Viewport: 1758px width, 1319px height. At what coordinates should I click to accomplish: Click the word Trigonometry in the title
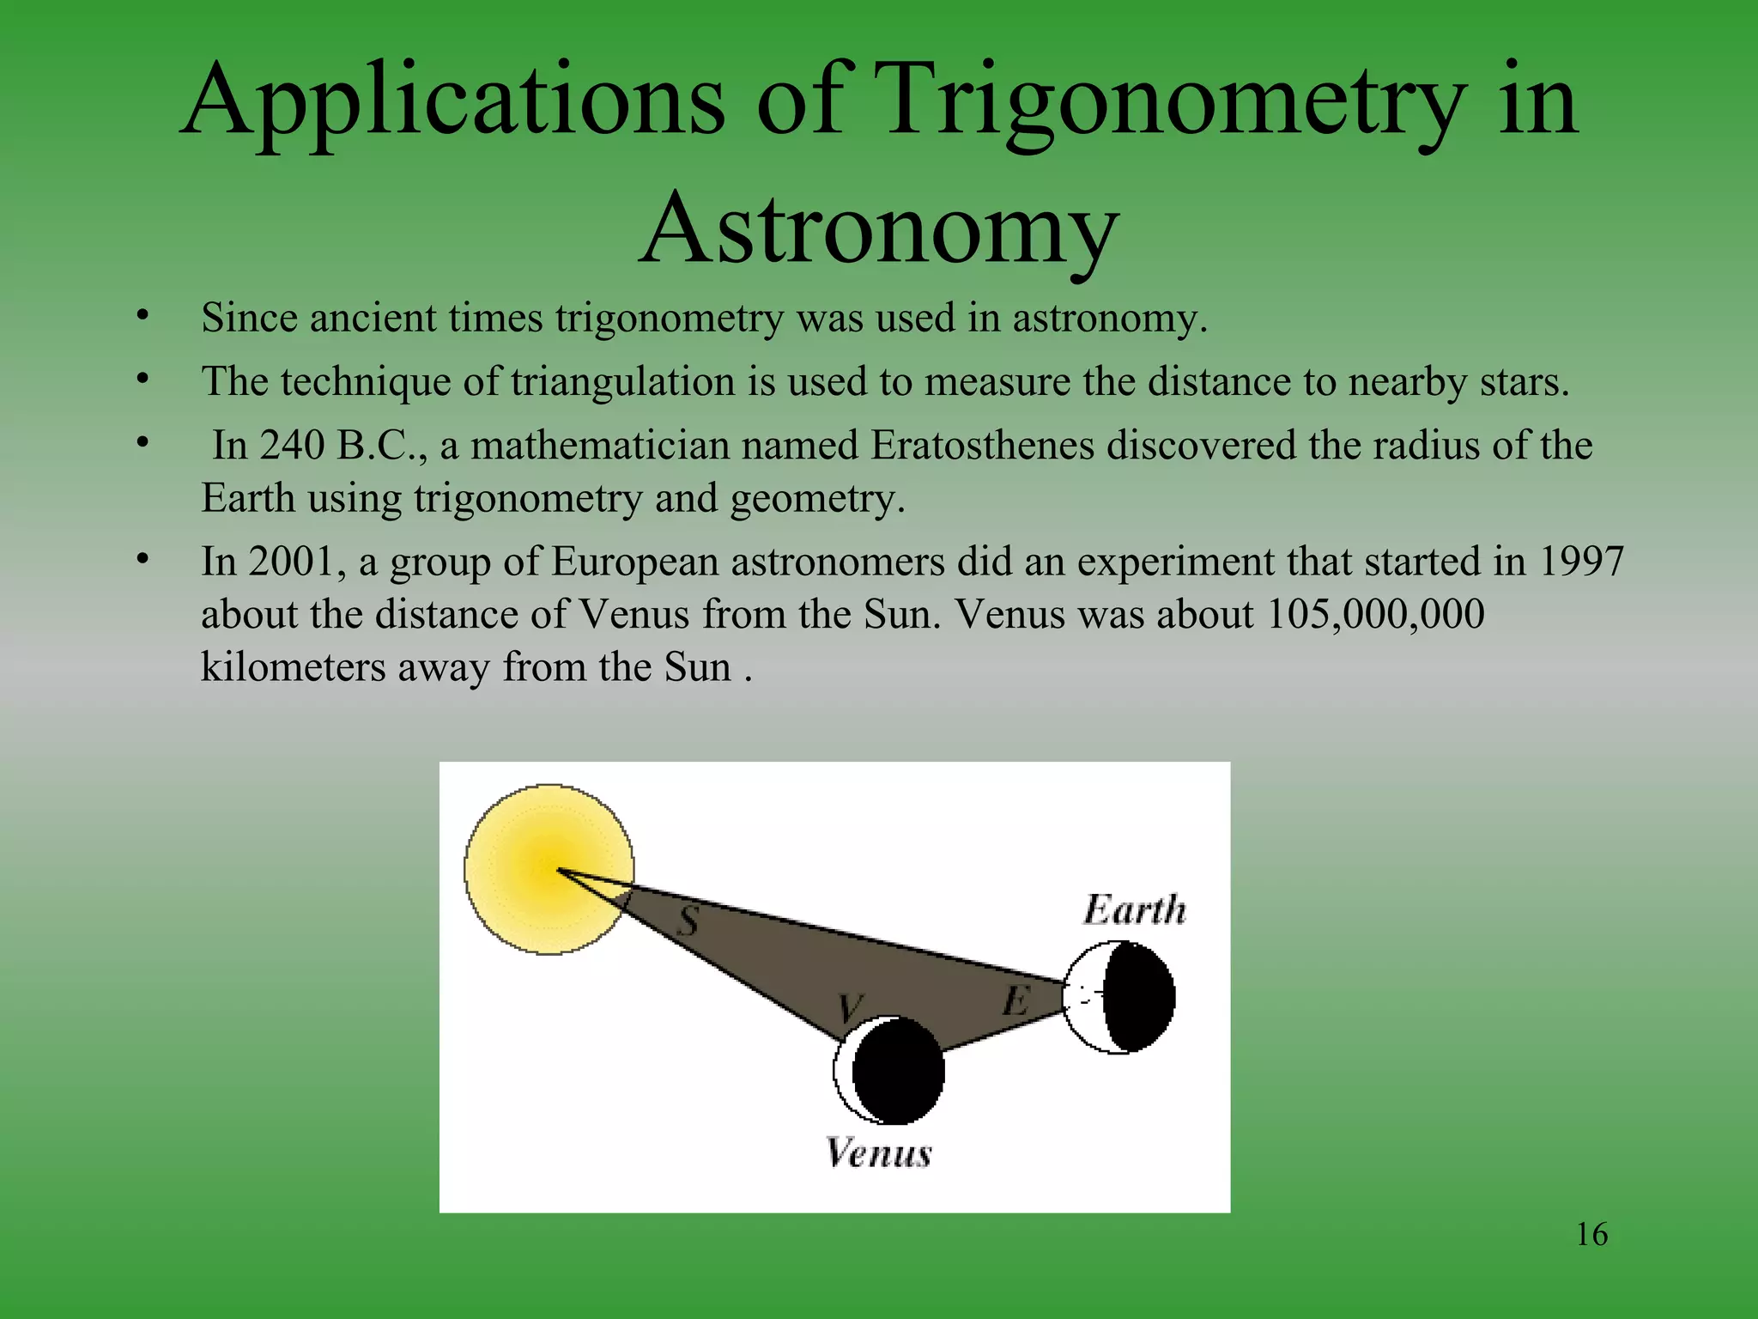(1171, 101)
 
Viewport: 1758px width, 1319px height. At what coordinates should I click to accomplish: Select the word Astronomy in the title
(879, 230)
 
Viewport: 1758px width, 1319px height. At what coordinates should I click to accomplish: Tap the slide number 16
(1591, 1235)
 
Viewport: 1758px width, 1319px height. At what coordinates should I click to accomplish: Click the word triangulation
(622, 381)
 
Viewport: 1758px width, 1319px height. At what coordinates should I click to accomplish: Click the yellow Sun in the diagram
(549, 868)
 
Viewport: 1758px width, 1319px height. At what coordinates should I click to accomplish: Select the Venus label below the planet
(878, 1152)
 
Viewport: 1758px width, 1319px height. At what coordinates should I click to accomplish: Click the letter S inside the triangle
(688, 921)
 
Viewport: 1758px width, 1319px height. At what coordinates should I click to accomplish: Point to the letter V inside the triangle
(850, 1006)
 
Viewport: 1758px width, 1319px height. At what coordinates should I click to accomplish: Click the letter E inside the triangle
(1015, 1000)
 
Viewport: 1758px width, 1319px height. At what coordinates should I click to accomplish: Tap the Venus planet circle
(889, 1070)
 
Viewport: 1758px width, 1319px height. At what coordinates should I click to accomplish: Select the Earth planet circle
(1118, 997)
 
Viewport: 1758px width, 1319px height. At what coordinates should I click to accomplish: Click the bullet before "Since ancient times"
(142, 316)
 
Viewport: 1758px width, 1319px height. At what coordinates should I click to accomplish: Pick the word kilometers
(293, 666)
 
